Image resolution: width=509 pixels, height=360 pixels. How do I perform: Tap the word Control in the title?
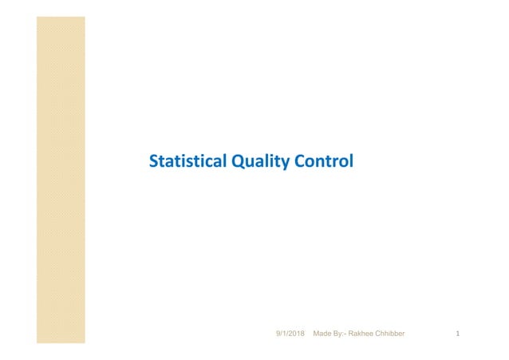coord(321,163)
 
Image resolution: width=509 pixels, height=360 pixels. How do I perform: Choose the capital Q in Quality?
coord(236,163)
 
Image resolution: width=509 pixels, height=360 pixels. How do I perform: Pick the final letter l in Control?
coord(350,163)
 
